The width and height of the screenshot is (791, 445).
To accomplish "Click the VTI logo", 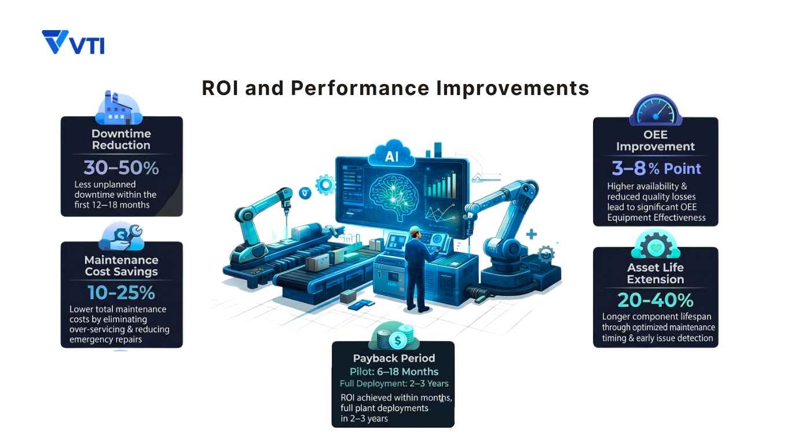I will [x=73, y=43].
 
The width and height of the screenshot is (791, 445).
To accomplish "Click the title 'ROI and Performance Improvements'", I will [x=395, y=88].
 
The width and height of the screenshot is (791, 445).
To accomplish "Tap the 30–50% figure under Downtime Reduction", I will [x=121, y=168].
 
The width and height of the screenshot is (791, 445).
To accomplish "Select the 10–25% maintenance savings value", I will [x=121, y=292].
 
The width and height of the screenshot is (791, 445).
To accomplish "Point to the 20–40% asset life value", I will [x=655, y=300].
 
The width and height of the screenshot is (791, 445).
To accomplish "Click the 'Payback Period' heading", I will [x=394, y=358].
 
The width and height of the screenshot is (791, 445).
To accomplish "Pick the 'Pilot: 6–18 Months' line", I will [x=394, y=371].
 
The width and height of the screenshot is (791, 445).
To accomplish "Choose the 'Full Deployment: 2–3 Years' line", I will [x=394, y=384].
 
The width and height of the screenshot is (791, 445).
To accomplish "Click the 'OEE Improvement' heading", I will [x=655, y=140].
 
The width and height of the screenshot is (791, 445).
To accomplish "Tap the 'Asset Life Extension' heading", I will [x=655, y=273].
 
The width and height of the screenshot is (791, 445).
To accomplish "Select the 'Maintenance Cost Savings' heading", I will [x=121, y=265].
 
